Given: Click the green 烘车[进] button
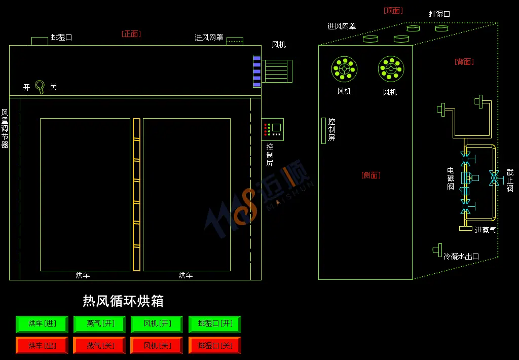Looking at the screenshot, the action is click(42, 324).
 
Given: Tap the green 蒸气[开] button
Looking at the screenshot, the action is click(100, 324).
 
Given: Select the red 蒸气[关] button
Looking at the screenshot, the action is click(100, 345).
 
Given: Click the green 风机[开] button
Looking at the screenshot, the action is click(157, 324).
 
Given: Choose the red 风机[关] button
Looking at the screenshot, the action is click(157, 345).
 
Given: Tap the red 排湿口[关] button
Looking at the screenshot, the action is click(215, 345).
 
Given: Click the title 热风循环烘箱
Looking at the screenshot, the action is click(123, 301).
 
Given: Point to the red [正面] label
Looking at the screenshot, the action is click(131, 34).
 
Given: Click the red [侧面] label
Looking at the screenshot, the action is click(371, 175).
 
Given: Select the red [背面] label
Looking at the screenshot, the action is click(464, 61).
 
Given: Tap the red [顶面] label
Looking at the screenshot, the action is click(393, 11).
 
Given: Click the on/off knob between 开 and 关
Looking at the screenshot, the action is click(40, 87).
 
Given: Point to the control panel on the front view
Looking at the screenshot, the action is click(273, 129).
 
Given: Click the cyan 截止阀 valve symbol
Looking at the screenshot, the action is click(494, 178).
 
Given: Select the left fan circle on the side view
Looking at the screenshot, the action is click(344, 69).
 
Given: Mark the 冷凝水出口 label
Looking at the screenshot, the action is click(461, 257).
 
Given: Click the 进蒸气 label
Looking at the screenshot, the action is click(486, 230).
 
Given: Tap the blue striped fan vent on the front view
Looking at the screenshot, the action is click(257, 71).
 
